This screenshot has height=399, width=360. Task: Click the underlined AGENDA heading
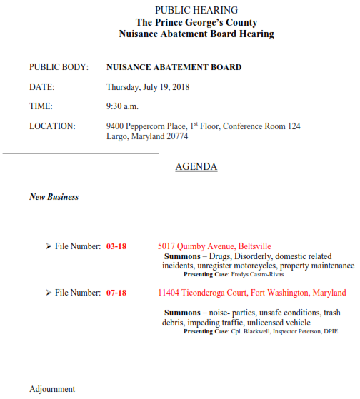[x=196, y=167]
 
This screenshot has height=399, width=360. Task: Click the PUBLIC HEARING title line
[x=196, y=10]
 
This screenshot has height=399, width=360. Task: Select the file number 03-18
[x=116, y=246]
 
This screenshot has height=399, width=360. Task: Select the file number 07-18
[x=116, y=293]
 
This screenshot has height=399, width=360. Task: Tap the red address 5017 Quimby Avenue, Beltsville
[x=214, y=246]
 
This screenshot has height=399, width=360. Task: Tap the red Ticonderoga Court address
[x=251, y=293]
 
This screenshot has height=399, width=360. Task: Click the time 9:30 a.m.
[x=121, y=106]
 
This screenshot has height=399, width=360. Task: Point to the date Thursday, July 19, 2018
[x=149, y=87]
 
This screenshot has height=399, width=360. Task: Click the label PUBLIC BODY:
[x=59, y=68]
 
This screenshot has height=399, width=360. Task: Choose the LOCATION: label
[x=52, y=126]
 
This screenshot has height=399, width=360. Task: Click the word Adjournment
[x=52, y=389]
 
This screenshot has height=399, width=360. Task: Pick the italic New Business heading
[x=54, y=197]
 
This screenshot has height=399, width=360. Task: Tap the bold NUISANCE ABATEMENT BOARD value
[x=174, y=68]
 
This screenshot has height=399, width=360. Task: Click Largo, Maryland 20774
[x=147, y=136]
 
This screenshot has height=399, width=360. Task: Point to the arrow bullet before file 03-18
[x=48, y=246]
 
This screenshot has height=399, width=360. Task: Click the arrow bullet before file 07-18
[x=48, y=293]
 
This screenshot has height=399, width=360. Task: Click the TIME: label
[x=41, y=106]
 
